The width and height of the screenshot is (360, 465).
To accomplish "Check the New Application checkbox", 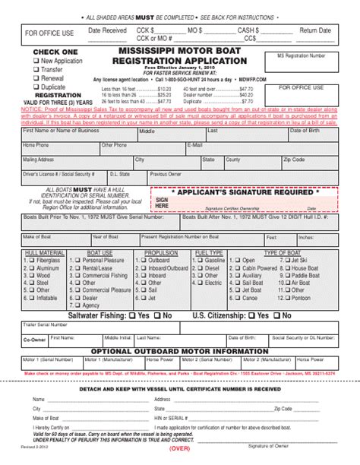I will pos(36,60).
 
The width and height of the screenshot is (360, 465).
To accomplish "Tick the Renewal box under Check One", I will pos(36,77).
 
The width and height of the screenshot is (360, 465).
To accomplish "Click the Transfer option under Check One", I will pos(36,69).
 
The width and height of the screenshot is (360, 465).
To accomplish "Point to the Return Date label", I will pos(315,31).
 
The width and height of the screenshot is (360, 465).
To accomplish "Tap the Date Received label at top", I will pos(107,30).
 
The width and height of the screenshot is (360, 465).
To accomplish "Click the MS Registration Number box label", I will pos(302,56).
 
